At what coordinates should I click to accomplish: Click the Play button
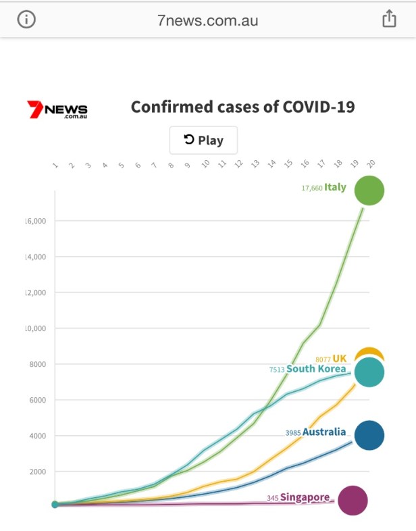[x=203, y=141]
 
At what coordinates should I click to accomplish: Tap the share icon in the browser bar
[x=389, y=20]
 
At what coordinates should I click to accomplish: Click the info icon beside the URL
[x=26, y=20]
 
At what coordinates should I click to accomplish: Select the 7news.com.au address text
[x=207, y=20]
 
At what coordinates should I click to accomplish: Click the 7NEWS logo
[x=57, y=109]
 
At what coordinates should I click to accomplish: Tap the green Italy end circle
[x=369, y=190]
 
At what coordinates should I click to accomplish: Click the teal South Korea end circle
[x=369, y=372]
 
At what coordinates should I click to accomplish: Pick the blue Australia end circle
[x=369, y=435]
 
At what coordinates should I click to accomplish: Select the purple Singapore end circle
[x=353, y=501]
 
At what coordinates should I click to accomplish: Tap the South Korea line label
[x=316, y=370]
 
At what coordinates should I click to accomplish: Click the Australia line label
[x=324, y=432]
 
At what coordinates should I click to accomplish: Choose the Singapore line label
[x=305, y=498]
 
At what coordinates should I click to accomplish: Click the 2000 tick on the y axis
[x=36, y=472]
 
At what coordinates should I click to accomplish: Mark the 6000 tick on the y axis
[x=36, y=400]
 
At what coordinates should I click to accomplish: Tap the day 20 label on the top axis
[x=370, y=163]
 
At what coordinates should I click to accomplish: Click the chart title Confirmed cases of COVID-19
[x=242, y=107]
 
